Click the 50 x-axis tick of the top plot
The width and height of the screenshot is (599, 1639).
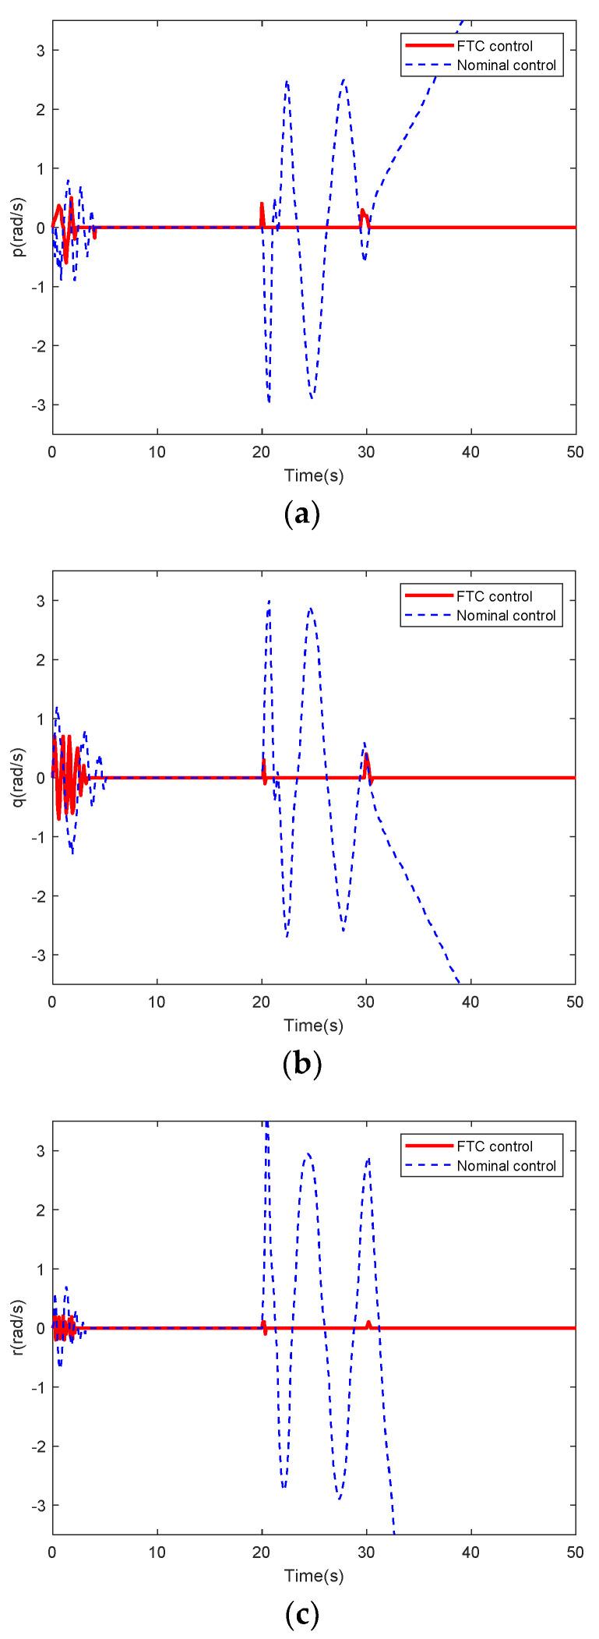click(x=575, y=450)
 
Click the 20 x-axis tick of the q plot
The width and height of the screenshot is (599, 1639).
click(x=262, y=1000)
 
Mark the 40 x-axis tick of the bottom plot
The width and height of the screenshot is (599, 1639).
click(x=470, y=1550)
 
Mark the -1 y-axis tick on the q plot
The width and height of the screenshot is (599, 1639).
click(x=39, y=837)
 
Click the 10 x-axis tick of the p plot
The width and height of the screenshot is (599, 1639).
click(x=157, y=450)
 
